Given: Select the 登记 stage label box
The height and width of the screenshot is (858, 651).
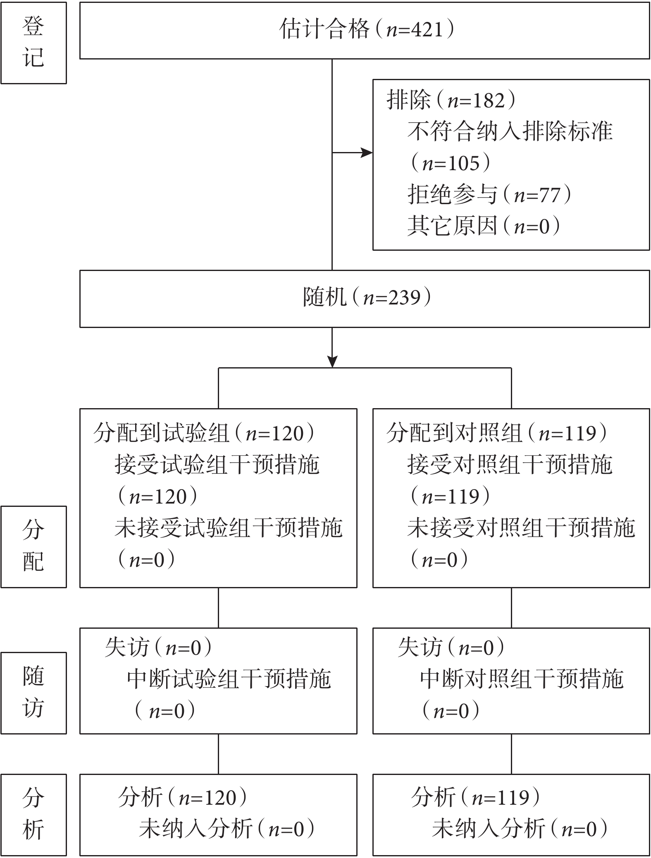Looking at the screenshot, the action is point(33,43).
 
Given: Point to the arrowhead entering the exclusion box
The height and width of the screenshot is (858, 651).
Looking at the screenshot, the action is point(367,153).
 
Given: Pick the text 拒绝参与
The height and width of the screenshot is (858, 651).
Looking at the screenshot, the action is point(452,195).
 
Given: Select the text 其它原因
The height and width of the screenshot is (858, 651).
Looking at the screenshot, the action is point(452,226).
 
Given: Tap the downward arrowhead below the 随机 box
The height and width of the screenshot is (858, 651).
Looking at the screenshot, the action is point(332,361).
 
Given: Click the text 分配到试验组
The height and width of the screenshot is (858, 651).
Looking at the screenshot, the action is point(161,433).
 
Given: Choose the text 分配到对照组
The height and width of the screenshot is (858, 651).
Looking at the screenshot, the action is point(454,433).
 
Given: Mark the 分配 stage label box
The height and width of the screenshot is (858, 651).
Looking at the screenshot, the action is point(33,547).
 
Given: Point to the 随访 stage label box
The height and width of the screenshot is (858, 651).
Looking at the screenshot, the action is point(33,693).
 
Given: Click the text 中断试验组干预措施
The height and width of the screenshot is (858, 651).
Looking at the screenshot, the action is point(229,680).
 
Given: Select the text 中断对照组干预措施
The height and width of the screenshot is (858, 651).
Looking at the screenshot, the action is point(522,680).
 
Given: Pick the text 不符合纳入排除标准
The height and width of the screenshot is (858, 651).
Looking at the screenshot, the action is point(510,132).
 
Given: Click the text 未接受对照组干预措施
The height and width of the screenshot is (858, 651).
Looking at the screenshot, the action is point(521,528).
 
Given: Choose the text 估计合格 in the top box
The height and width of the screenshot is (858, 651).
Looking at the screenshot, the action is point(324,30).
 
